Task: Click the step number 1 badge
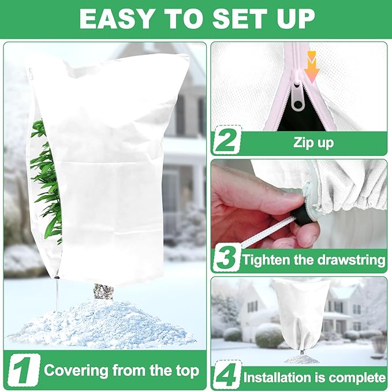click(x=24, y=369)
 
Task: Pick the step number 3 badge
click(x=226, y=259)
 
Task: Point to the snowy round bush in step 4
click(x=269, y=335)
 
